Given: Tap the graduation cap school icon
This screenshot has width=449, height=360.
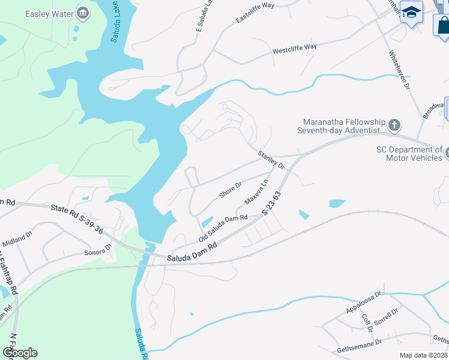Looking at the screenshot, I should click(x=411, y=13).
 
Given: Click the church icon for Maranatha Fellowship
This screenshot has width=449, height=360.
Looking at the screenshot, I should click(x=394, y=125).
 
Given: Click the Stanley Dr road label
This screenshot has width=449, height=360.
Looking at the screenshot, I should click(x=271, y=160).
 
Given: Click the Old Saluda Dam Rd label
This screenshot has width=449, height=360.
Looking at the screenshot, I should click(x=223, y=229).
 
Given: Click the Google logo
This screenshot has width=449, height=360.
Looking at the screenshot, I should click(x=20, y=353).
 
